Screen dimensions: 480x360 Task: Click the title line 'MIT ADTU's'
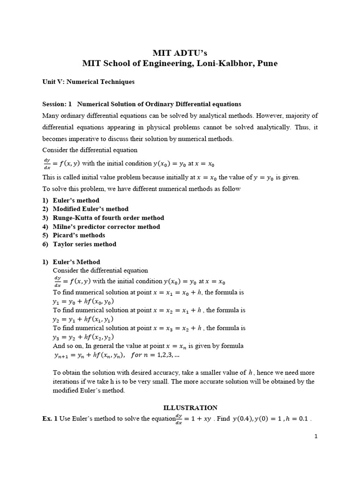pos(180,52)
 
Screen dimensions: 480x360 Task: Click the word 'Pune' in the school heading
pos(266,63)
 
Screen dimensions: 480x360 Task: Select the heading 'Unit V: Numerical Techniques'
pos(88,82)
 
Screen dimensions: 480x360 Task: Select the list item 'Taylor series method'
pos(84,244)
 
